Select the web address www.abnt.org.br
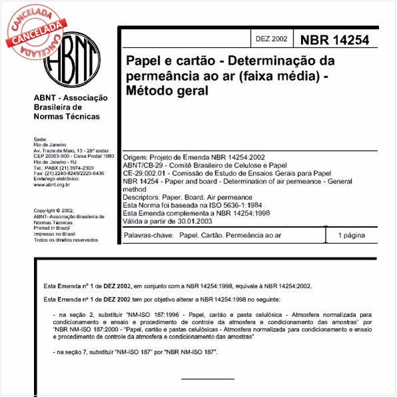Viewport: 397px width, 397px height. click(x=52, y=184)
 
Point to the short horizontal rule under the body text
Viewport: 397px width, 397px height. click(x=208, y=379)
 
